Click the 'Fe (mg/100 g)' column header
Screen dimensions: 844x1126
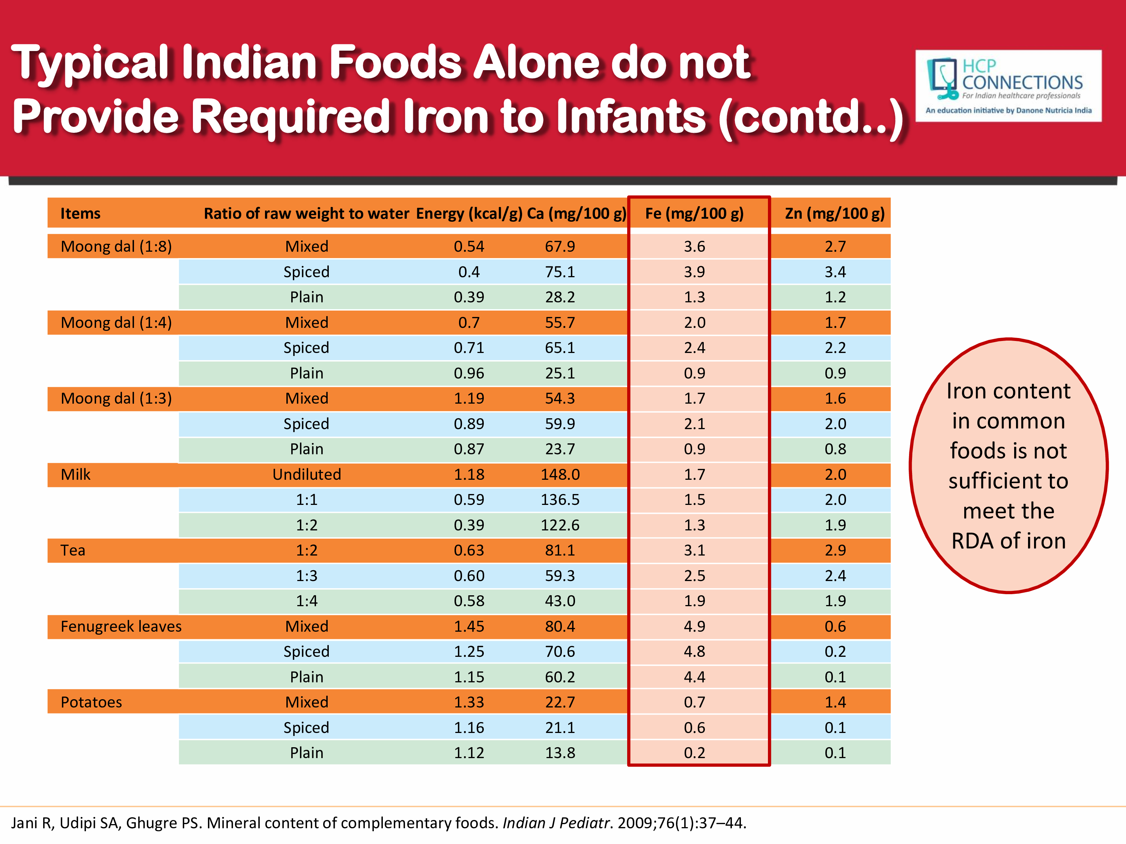[x=694, y=213]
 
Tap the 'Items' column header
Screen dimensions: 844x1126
[x=80, y=213]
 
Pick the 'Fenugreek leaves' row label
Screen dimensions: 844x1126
[x=121, y=626]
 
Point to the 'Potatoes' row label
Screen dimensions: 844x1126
[x=91, y=702]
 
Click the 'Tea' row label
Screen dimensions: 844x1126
[x=73, y=550]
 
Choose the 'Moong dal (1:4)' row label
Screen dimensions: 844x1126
[x=116, y=323]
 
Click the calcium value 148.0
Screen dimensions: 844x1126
[x=560, y=474]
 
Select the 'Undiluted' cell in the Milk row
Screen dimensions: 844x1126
[x=306, y=474]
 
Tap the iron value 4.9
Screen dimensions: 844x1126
[x=694, y=626]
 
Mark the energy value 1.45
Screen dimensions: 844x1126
[x=469, y=626]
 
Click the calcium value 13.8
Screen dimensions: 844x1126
[x=560, y=752]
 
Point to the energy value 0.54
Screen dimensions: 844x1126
[x=469, y=246]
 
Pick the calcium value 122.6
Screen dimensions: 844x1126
[x=560, y=525]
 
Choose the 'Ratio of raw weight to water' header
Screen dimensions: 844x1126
[x=306, y=213]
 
